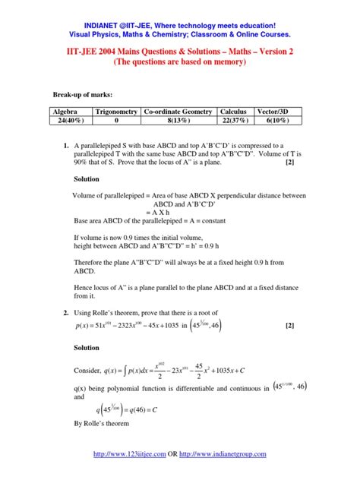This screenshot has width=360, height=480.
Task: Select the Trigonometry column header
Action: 116,111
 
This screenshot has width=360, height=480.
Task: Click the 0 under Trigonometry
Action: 116,120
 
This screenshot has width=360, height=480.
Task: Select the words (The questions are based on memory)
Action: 179,62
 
